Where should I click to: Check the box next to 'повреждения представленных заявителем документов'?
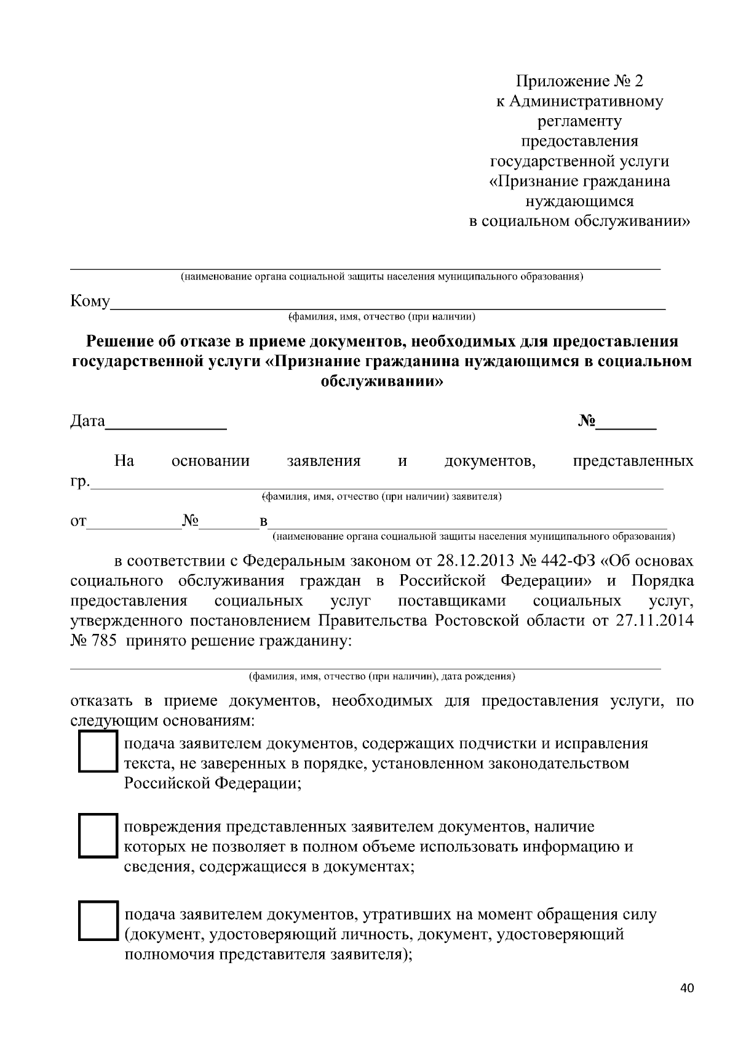98,836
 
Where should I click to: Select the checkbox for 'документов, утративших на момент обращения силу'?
98,921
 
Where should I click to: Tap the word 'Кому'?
90,302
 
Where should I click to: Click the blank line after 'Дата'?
166,423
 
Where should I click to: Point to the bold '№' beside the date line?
587,421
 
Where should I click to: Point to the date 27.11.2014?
654,620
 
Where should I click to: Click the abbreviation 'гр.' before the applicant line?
80,482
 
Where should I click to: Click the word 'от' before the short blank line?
79,522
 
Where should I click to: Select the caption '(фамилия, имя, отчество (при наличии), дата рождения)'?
381,676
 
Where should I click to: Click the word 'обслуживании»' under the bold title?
381,382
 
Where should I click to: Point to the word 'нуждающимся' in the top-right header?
579,201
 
